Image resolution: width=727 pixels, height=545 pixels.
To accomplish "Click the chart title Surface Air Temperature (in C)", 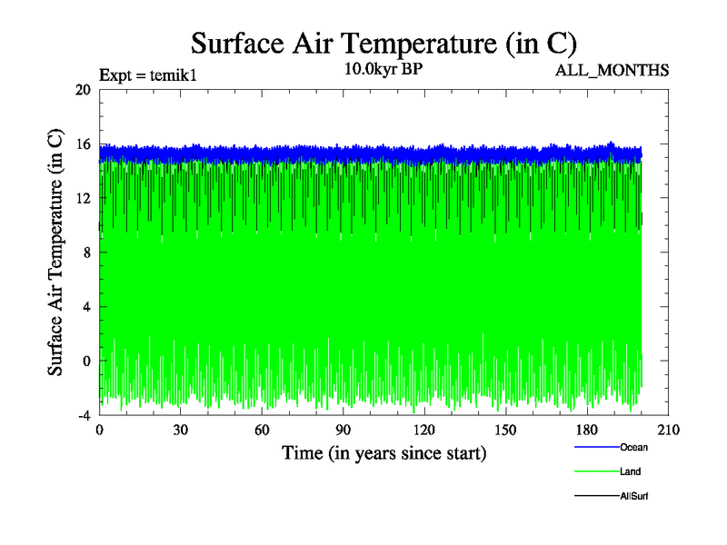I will [x=383, y=44].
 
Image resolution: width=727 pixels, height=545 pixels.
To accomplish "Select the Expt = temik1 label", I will [x=147, y=75].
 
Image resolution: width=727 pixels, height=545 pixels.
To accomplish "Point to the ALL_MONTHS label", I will [x=612, y=70].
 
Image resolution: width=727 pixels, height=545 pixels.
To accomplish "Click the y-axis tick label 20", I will [x=84, y=89].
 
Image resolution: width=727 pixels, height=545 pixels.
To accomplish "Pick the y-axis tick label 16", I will [x=84, y=144].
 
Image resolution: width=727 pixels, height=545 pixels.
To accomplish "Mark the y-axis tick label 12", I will [x=84, y=198].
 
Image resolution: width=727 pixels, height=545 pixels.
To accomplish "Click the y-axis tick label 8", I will [x=86, y=253].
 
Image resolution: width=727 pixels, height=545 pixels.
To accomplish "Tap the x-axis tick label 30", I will [x=181, y=431].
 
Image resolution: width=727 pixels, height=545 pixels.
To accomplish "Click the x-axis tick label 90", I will [x=343, y=431].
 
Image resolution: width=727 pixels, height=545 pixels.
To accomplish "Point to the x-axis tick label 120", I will [x=424, y=431].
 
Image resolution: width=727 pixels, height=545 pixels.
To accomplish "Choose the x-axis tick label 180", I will [x=587, y=431].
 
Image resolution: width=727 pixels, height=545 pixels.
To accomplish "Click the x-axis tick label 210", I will [x=668, y=431].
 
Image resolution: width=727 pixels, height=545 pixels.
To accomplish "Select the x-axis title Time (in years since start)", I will [x=383, y=452].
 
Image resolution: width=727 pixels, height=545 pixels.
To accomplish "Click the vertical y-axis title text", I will [x=56, y=253].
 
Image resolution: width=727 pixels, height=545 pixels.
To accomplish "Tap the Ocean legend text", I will [x=633, y=447].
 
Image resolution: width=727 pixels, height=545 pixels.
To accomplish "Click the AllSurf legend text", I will [x=633, y=496].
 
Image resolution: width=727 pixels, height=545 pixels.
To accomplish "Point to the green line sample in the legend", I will [x=596, y=471].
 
